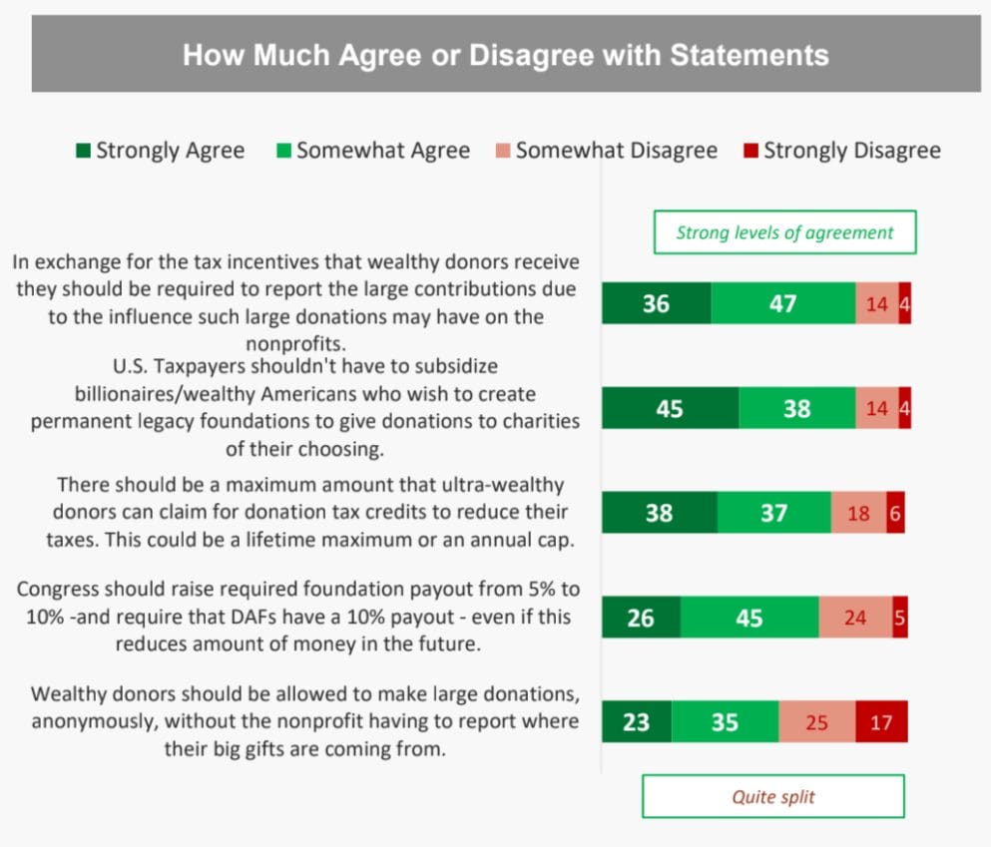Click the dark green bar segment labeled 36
click(656, 303)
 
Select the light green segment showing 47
click(783, 303)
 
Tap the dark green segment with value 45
click(670, 408)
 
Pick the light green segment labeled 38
click(796, 408)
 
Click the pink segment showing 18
click(858, 513)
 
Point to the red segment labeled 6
click(895, 513)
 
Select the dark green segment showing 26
click(641, 618)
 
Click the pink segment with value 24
click(855, 618)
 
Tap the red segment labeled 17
click(881, 721)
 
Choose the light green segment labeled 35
click(725, 721)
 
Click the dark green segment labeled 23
click(636, 721)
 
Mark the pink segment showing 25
click(816, 721)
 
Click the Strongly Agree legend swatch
click(83, 152)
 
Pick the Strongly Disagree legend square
click(750, 152)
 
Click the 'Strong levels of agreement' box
click(784, 232)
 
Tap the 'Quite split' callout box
click(772, 796)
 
